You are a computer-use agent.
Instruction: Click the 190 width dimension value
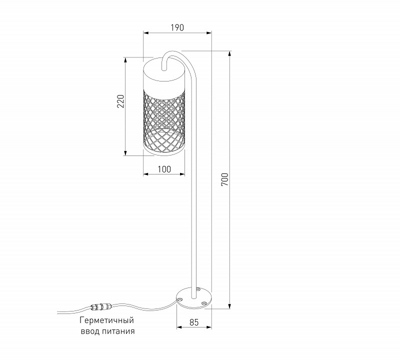[177, 28]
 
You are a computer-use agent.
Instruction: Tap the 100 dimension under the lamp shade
[163, 169]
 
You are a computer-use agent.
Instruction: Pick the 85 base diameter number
[193, 323]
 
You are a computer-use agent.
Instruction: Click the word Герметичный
[107, 320]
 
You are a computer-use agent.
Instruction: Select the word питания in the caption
[119, 331]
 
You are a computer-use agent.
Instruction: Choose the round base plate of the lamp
[193, 298]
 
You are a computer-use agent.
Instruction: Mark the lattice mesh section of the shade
[163, 120]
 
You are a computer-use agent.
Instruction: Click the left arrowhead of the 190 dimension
[145, 33]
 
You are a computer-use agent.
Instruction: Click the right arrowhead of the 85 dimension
[210, 328]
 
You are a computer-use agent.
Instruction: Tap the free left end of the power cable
[56, 312]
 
